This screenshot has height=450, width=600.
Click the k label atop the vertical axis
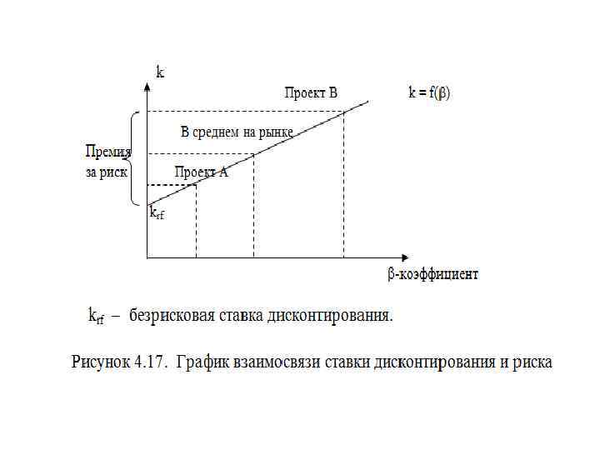click(160, 72)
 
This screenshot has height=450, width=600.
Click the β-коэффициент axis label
click(432, 273)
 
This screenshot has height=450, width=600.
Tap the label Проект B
click(310, 92)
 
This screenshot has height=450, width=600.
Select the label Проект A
click(200, 172)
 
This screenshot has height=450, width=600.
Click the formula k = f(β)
click(428, 92)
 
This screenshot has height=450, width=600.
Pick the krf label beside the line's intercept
click(157, 213)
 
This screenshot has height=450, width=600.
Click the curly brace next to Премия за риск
click(133, 158)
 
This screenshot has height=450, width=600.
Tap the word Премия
click(108, 152)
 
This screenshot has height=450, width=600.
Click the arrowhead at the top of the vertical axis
click(147, 67)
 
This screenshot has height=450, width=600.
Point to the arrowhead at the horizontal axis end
click(405, 257)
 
